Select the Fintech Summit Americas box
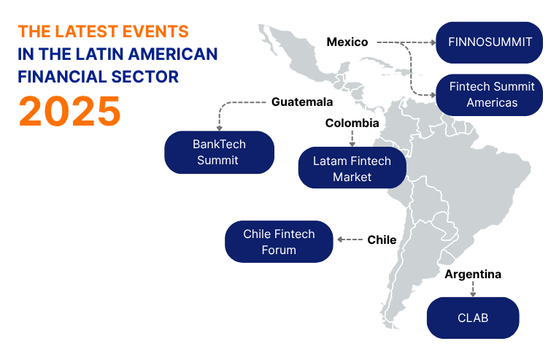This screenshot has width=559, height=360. tap(489, 94)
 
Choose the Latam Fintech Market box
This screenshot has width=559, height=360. tap(352, 169)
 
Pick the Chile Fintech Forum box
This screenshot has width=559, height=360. tap(279, 242)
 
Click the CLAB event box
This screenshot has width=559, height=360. tap(473, 318)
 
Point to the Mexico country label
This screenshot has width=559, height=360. tap(347, 42)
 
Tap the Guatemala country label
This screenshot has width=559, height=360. tap(302, 102)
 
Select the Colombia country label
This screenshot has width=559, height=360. tap(352, 123)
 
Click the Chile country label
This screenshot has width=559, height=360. tap(382, 240)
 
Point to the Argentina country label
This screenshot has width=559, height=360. tap(473, 275)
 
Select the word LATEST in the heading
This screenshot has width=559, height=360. tap(90, 31)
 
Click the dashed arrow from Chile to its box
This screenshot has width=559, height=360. tap(350, 240)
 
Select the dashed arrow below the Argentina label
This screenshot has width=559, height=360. tap(473, 289)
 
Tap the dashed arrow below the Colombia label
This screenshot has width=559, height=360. tap(352, 137)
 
